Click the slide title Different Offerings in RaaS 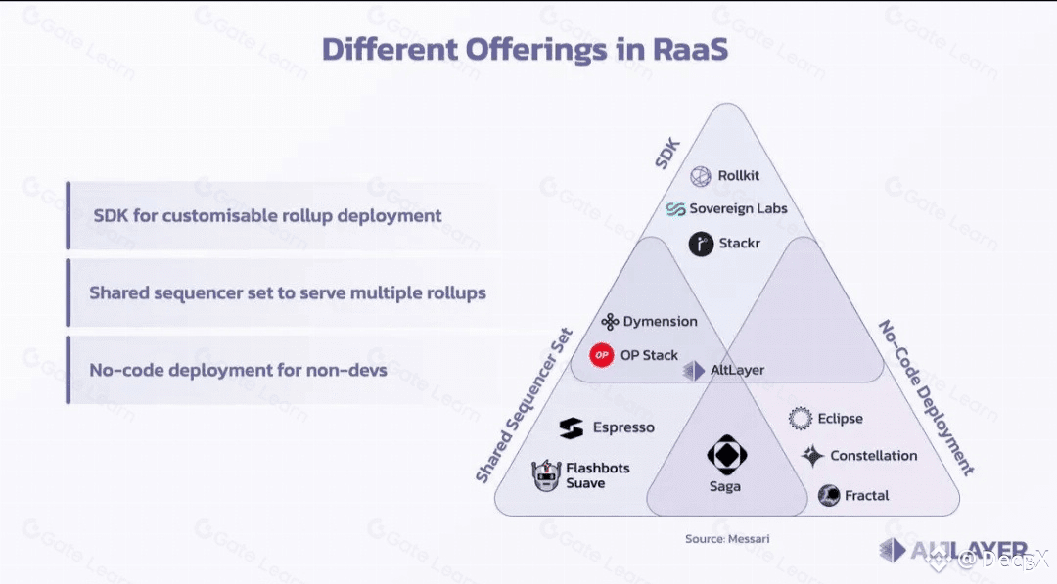[525, 49]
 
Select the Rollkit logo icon [700, 176]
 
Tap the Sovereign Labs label [738, 208]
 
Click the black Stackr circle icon [700, 245]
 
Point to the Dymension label [660, 322]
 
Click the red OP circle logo [601, 355]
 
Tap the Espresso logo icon [572, 427]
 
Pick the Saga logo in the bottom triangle [725, 456]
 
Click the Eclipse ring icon [801, 419]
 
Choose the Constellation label [874, 456]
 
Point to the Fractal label [866, 496]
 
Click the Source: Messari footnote [720, 539]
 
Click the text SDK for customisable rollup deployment [267, 215]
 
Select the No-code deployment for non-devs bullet [238, 371]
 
